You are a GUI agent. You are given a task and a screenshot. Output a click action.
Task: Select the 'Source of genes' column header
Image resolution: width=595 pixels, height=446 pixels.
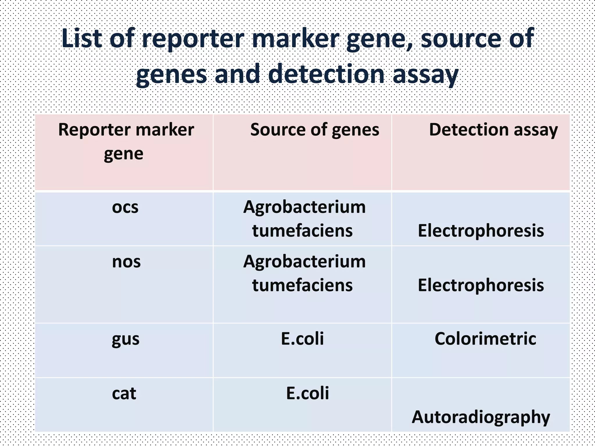(x=315, y=130)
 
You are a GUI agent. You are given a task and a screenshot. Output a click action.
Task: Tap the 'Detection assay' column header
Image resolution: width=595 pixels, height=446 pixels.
(x=493, y=130)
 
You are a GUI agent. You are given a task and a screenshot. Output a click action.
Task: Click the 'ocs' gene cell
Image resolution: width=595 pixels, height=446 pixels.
(x=125, y=207)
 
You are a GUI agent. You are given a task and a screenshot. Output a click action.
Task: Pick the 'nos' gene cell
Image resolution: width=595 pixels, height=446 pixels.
(x=126, y=262)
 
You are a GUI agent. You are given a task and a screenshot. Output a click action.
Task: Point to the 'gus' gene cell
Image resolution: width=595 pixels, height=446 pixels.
(x=126, y=339)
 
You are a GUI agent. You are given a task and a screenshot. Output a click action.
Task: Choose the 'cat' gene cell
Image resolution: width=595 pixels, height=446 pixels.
(x=124, y=393)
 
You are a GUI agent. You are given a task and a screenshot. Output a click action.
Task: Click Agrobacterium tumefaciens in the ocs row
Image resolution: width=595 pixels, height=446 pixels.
(x=304, y=219)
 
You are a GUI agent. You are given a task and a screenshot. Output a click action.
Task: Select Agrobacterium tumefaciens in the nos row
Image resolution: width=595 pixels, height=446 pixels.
(x=304, y=273)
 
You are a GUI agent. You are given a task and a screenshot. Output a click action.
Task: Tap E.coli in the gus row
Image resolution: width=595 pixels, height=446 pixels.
(x=302, y=339)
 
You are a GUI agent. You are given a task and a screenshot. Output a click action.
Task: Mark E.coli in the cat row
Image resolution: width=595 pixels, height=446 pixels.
(x=307, y=393)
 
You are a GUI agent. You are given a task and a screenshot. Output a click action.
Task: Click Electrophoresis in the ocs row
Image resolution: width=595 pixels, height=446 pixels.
(x=481, y=231)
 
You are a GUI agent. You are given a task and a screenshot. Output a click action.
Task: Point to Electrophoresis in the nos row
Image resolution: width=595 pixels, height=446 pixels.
(x=481, y=285)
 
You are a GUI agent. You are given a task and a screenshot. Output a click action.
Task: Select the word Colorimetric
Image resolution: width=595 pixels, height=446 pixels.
(x=485, y=339)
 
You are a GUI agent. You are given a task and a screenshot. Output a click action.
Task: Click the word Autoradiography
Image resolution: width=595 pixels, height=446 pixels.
(x=481, y=417)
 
